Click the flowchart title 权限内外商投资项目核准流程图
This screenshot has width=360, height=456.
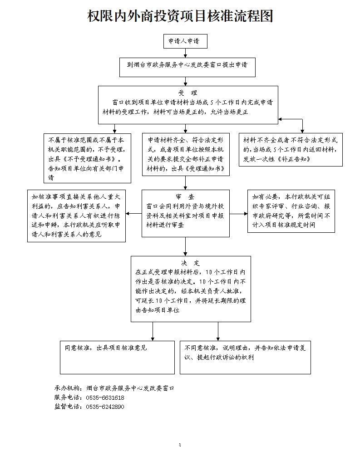click(180, 16)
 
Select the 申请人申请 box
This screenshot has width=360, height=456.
click(185, 41)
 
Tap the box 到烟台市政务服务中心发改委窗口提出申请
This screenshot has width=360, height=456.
click(187, 67)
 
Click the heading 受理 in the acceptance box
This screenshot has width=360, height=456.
click(187, 93)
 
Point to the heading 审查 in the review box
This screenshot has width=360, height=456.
click(185, 197)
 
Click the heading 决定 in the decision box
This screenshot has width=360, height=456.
click(191, 263)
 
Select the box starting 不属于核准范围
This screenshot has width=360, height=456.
click(87, 158)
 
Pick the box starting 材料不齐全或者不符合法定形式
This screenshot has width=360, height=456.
click(291, 150)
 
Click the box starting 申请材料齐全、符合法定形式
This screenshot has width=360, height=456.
click(186, 154)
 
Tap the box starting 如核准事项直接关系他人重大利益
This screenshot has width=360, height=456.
click(77, 216)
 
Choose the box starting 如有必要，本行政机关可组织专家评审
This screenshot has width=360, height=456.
click(291, 211)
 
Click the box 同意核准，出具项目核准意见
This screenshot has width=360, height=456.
click(117, 358)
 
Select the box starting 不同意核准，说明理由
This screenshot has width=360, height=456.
click(245, 358)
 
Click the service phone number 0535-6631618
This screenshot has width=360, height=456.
click(105, 397)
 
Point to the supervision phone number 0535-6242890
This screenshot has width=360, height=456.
click(105, 407)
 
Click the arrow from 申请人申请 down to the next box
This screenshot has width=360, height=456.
click(185, 53)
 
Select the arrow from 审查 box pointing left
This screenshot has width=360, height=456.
click(134, 214)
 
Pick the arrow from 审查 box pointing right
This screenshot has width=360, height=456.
click(239, 214)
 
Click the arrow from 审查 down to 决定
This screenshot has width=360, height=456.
click(185, 247)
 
